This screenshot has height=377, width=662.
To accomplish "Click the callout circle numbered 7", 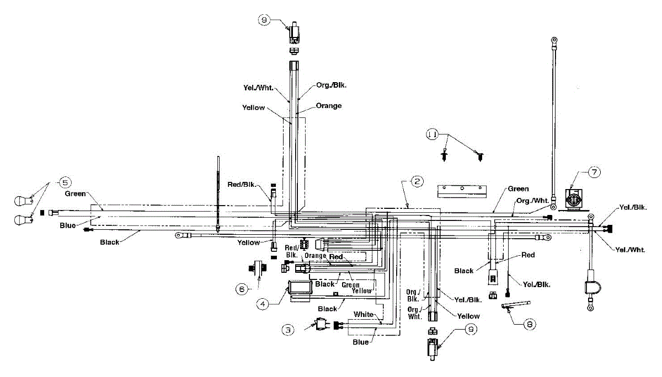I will point(593,172).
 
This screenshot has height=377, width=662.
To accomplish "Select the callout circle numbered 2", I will point(418,181).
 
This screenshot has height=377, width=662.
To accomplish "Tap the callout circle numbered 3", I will point(287,330).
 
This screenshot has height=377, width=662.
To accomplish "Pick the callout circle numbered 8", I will point(529,324).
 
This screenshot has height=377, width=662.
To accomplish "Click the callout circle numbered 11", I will point(433,134).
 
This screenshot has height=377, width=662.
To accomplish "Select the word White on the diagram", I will point(364,314).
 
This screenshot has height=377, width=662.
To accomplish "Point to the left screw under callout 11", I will point(444,156).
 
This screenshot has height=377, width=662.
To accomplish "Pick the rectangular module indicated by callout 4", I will point(299,289).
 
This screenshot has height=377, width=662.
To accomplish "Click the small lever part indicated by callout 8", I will point(514,304).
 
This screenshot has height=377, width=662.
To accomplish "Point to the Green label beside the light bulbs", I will point(75,194).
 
